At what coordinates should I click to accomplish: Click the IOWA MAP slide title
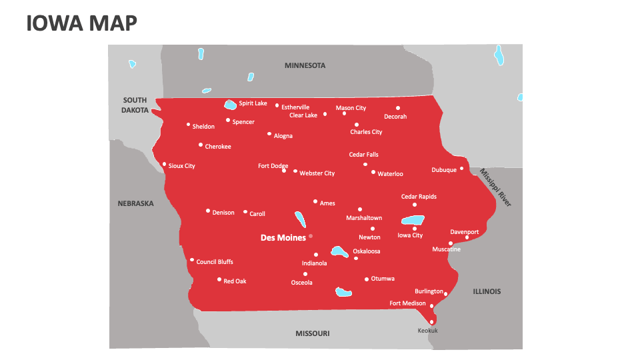pos(82,23)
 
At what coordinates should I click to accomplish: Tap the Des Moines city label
pos(283,237)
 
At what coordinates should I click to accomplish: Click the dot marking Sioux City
pos(165,164)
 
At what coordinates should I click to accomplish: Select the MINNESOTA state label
pos(305,65)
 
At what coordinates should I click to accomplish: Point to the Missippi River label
pos(495,187)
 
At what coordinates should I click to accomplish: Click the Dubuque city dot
pos(461,168)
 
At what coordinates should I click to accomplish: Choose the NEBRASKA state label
pos(135,203)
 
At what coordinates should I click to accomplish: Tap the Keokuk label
pos(427,331)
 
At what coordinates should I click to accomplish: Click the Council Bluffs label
pos(215,262)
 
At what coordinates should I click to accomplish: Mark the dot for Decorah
pos(398,108)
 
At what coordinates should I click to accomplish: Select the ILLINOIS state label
pos(487,291)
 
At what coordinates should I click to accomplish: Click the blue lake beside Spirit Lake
pos(230,105)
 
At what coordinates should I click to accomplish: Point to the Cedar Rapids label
pos(419,197)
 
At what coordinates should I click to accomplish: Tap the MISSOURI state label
pos(312,333)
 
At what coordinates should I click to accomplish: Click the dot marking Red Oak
pos(219,279)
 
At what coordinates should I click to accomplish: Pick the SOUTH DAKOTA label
pos(135,105)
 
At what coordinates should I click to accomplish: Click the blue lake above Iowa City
pos(412,220)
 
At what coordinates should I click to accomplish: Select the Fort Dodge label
pos(273,166)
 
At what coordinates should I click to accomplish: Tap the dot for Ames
pos(315,201)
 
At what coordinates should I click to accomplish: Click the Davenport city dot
pos(467,237)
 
